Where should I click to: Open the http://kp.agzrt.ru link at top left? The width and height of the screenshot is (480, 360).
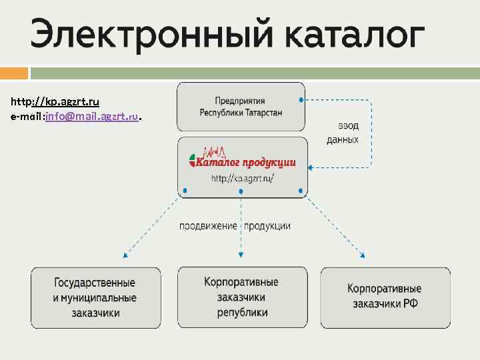(x=55, y=102)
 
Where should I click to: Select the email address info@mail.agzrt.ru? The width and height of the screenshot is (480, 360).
(x=92, y=117)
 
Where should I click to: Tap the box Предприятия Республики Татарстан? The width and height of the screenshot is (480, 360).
(x=241, y=106)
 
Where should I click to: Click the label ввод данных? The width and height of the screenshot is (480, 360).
(x=342, y=133)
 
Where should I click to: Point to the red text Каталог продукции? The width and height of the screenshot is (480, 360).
(x=249, y=163)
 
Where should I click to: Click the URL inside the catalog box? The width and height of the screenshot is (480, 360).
(x=242, y=179)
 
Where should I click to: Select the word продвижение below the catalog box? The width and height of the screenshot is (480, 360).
(x=208, y=226)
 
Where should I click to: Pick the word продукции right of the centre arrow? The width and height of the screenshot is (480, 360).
(x=267, y=226)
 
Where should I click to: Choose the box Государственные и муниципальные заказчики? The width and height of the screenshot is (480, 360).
(x=95, y=297)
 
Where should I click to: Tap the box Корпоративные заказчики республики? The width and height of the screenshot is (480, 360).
(x=241, y=297)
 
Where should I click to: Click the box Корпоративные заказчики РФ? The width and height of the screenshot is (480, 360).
(x=384, y=297)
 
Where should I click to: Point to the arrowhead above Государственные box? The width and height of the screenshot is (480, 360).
(x=124, y=255)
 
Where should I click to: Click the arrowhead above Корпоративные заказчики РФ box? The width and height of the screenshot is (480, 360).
(x=363, y=255)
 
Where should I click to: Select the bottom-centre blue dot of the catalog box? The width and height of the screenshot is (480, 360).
(x=241, y=191)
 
